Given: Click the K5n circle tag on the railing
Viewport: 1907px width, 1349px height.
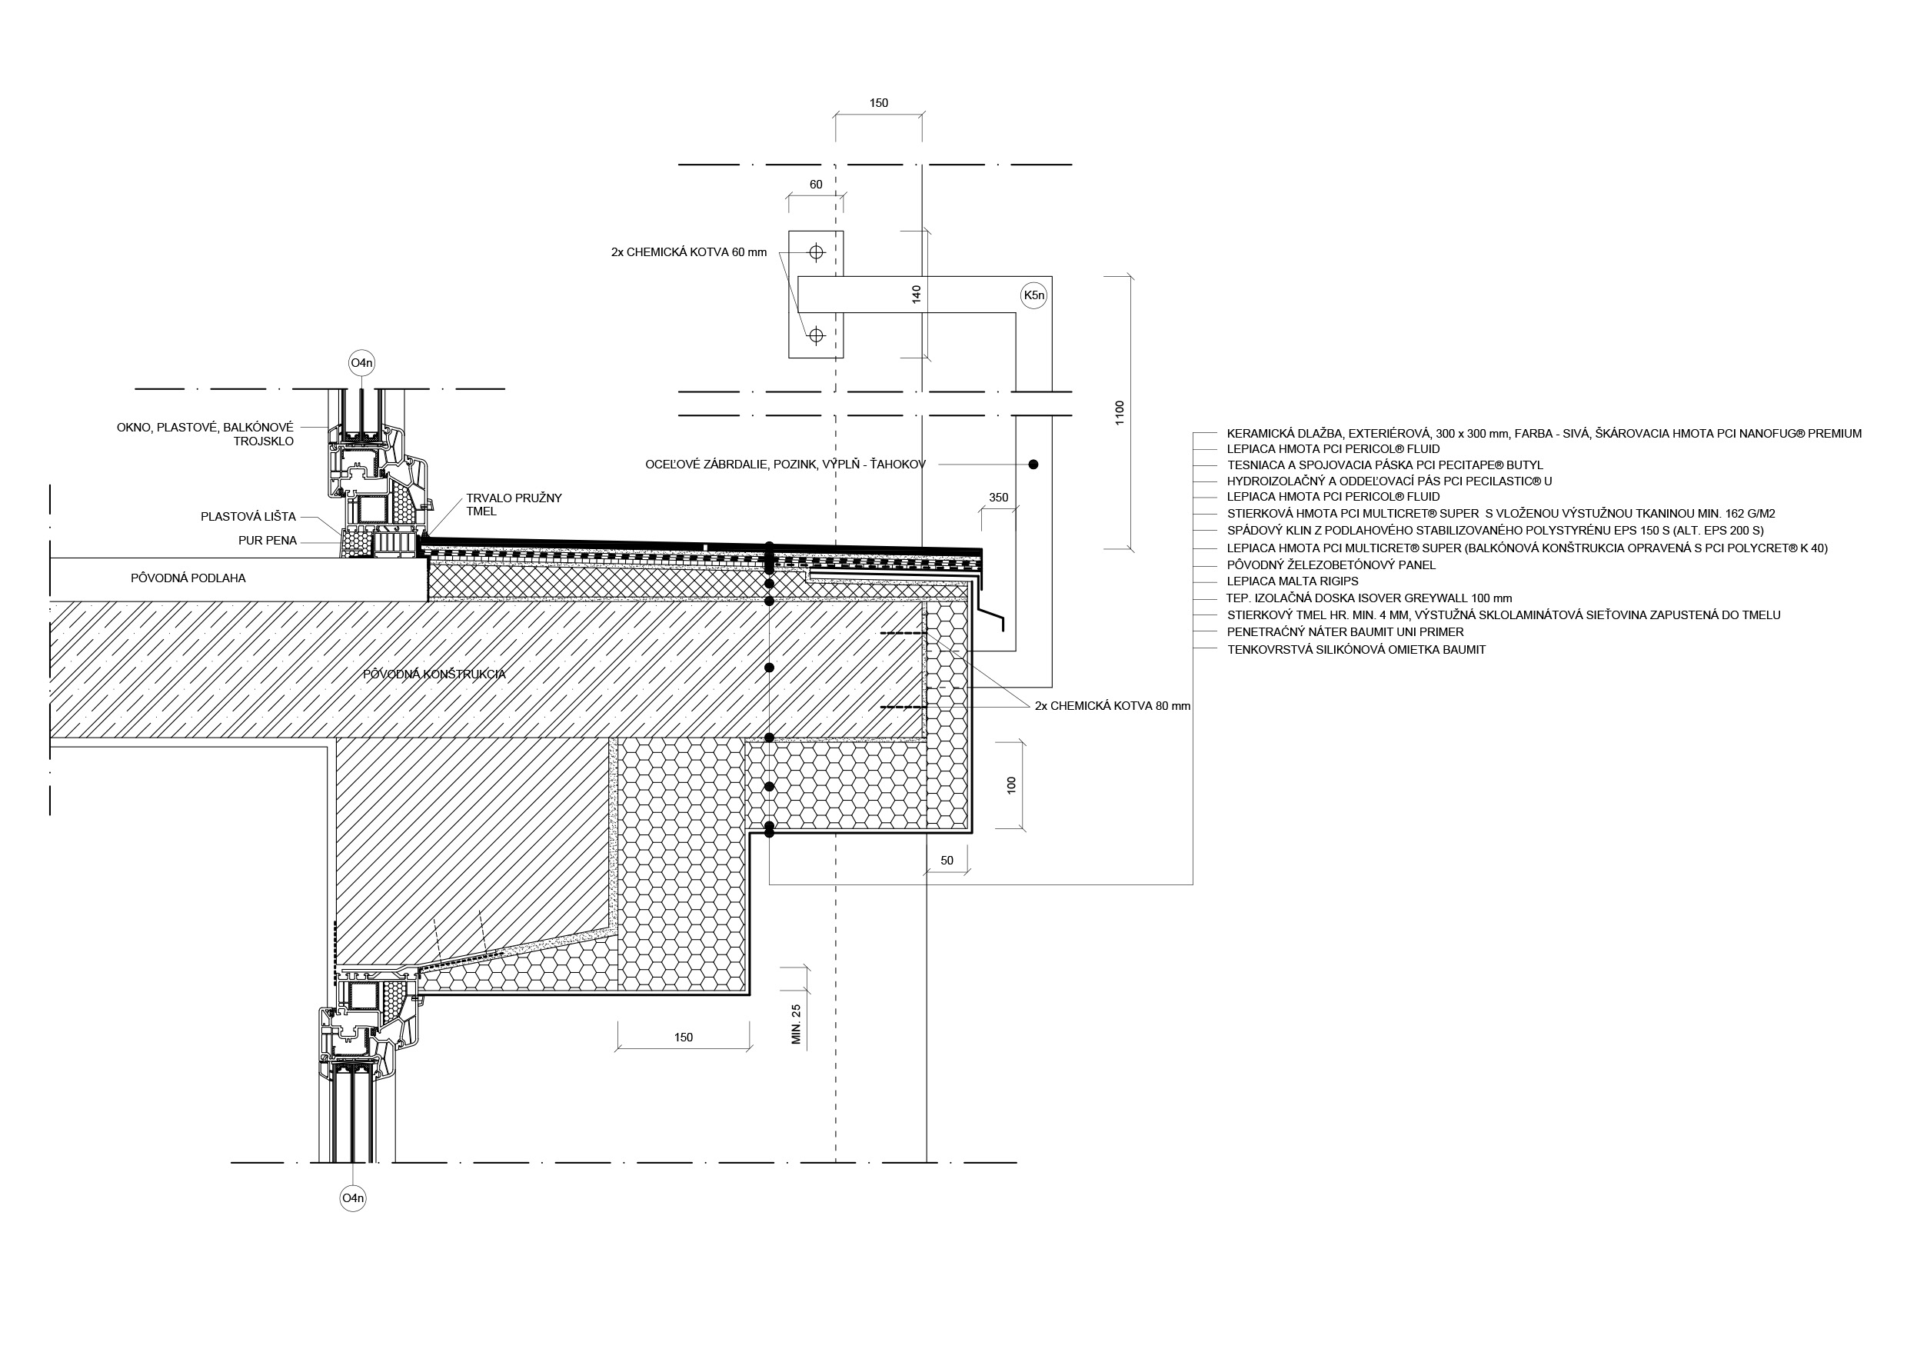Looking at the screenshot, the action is tap(1033, 295).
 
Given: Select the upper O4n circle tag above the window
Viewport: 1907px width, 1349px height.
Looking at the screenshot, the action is tap(361, 363).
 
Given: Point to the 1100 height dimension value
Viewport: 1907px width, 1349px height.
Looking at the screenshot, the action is tap(1120, 413).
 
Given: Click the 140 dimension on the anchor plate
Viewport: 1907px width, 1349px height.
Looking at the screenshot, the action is tap(917, 294).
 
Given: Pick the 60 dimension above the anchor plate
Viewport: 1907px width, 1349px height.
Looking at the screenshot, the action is tap(816, 185).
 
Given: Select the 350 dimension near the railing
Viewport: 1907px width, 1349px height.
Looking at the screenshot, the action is tap(998, 498).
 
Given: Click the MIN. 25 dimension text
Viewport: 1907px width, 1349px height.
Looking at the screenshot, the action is tap(797, 1024).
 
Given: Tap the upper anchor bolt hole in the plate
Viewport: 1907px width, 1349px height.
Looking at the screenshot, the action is tap(816, 251).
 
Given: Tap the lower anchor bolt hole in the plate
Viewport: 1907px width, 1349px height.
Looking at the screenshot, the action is tap(816, 335).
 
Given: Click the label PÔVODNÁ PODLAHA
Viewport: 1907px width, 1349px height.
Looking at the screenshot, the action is tap(188, 578).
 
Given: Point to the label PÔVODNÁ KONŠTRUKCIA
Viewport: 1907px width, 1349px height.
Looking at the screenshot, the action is tap(434, 674).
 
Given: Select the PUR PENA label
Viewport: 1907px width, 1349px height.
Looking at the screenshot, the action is tap(268, 541).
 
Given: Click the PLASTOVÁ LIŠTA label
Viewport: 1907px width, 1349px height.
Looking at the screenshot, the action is tap(248, 517).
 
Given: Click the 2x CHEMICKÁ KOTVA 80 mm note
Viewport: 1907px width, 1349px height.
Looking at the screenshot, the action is tap(1113, 706).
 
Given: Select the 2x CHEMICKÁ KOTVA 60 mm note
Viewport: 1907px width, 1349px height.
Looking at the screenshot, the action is tap(690, 251).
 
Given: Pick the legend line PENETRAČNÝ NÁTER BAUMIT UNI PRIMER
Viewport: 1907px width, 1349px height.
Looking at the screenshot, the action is tap(1346, 632).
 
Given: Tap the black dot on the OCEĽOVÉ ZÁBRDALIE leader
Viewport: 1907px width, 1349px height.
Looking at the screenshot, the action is tap(1033, 465).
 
